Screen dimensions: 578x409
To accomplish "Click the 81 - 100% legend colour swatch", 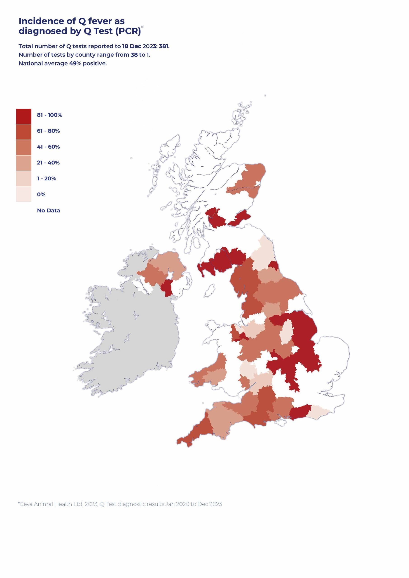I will point(24,116).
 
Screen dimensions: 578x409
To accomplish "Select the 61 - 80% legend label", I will point(48,131).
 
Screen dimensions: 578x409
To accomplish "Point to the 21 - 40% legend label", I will point(48,163).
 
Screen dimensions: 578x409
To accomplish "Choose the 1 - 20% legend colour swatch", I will point(24,179).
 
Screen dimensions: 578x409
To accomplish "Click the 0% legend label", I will point(41,194).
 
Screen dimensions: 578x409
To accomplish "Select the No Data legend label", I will point(49,210).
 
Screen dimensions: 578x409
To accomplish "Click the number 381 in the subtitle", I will point(164,46).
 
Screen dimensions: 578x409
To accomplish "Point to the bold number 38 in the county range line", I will point(134,55).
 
